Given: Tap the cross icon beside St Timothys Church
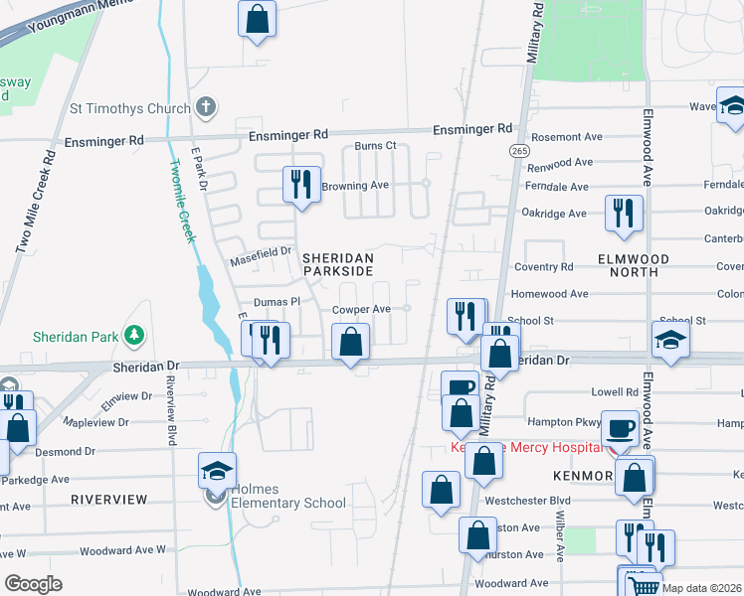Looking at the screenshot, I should tap(206, 105).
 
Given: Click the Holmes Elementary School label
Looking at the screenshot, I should tap(288, 496).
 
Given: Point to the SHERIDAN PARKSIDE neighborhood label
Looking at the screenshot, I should tap(338, 264).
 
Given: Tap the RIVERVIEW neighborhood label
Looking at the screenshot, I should tap(109, 499).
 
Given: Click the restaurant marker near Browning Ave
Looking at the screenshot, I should tap(300, 185).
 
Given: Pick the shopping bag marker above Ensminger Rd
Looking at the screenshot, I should tap(257, 19).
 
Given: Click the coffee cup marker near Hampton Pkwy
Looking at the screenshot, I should tap(620, 428).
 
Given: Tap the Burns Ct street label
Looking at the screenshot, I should tap(376, 146).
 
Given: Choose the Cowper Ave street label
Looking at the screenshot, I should tap(361, 310).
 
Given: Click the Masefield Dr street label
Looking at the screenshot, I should tap(261, 254).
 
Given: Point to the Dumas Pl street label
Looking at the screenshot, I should tap(277, 301).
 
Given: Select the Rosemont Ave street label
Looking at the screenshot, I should tap(568, 137).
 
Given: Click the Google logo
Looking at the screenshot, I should tap(33, 584).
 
